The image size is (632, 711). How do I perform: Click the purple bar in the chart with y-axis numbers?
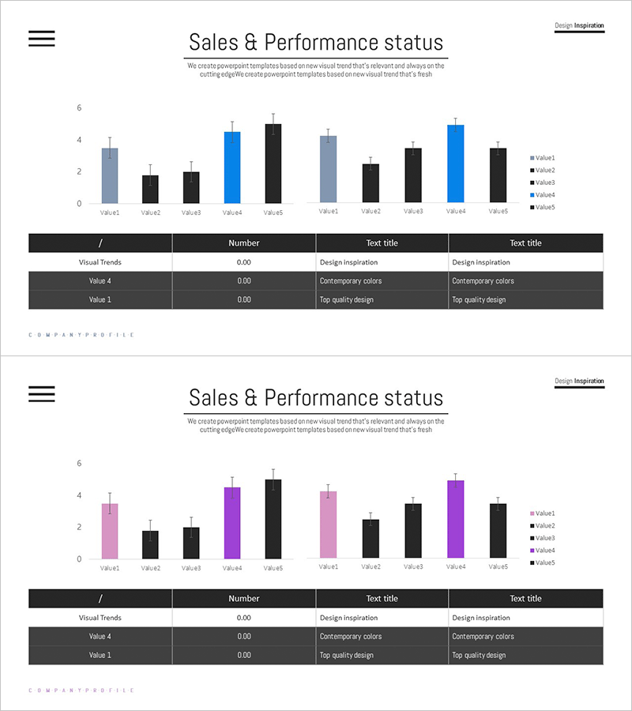coord(232,523)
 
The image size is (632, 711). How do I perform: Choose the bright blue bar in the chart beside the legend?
coord(456,164)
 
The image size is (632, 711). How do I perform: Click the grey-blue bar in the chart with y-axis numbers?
coord(110,175)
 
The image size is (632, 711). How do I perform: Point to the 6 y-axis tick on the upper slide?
coord(79,107)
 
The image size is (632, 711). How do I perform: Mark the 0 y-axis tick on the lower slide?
coord(79,559)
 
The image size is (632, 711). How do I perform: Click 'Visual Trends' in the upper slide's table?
coord(100,262)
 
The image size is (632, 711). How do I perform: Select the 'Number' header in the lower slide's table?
coord(243,599)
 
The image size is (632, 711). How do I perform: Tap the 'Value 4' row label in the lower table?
coord(100,636)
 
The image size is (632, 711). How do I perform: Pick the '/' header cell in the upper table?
coord(100,243)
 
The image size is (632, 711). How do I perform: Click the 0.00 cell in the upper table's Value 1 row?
coord(243,299)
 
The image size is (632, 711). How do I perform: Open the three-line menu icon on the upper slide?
coord(42,39)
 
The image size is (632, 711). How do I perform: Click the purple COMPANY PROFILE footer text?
coord(81,690)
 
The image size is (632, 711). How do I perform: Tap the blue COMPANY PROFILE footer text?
coord(81,335)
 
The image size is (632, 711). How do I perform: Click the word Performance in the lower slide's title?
coord(327,397)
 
